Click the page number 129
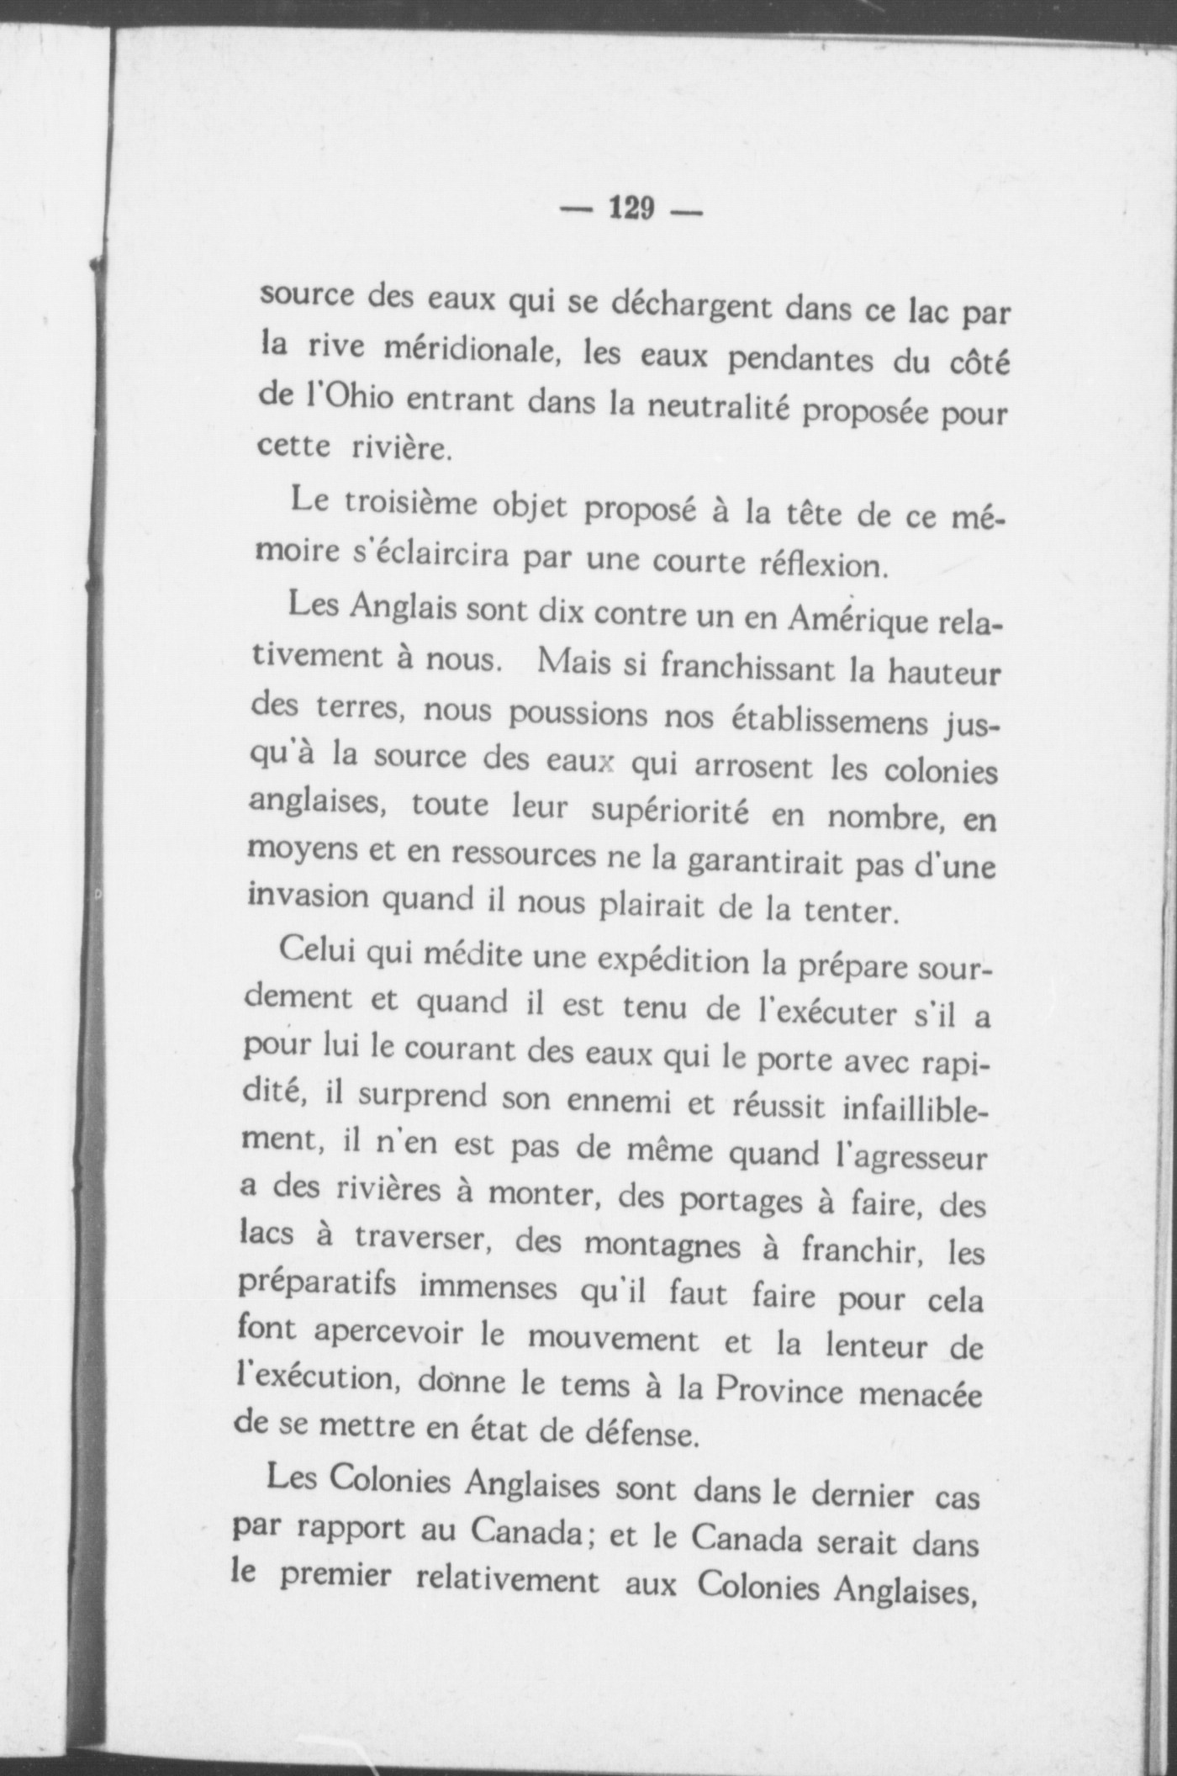pos(631,207)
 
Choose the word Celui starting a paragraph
pos(318,951)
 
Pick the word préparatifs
pos(318,1287)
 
